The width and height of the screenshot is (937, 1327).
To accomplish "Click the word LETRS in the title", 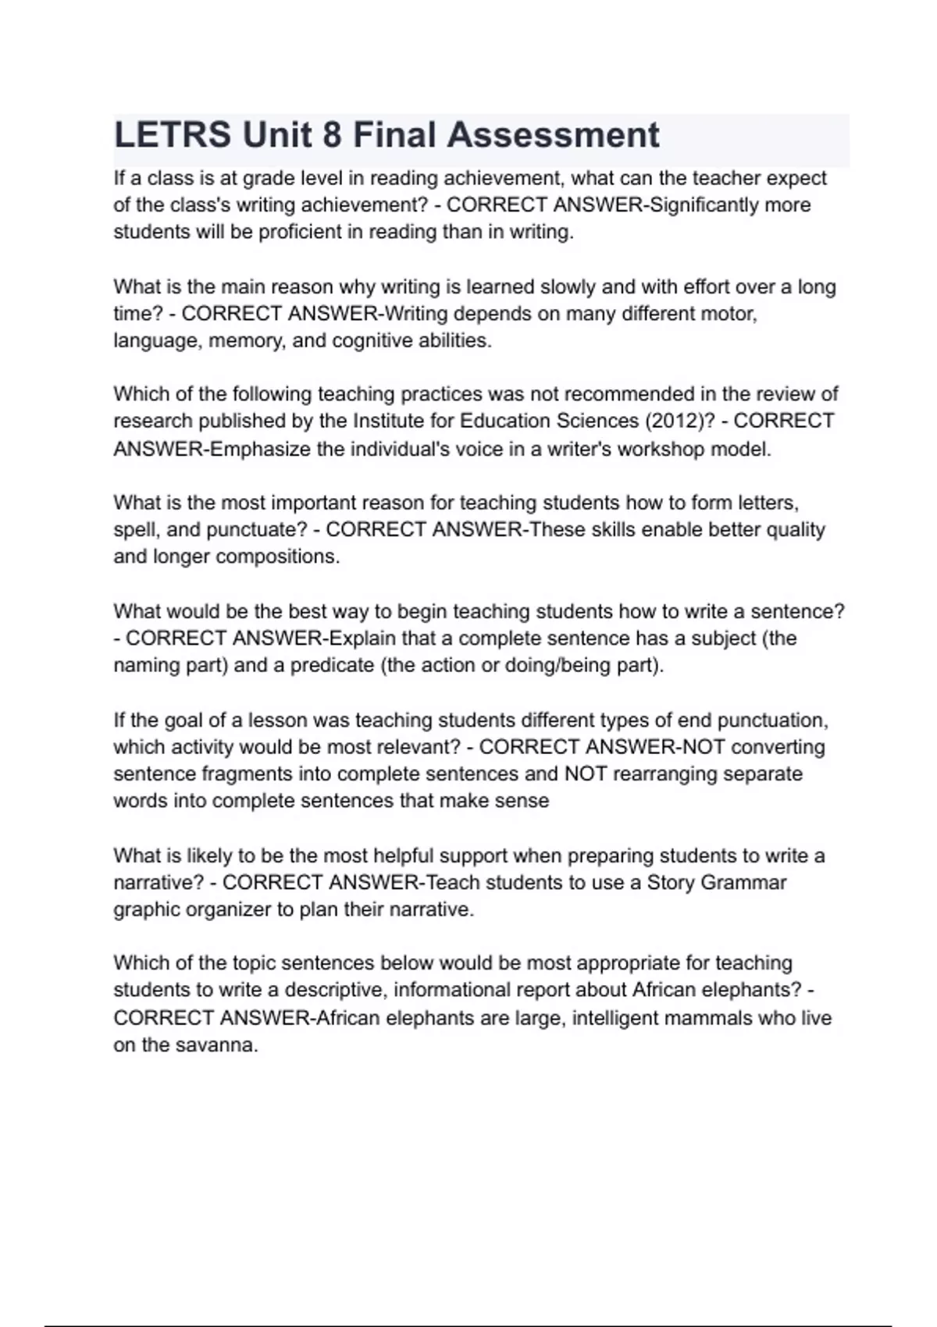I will [173, 135].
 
